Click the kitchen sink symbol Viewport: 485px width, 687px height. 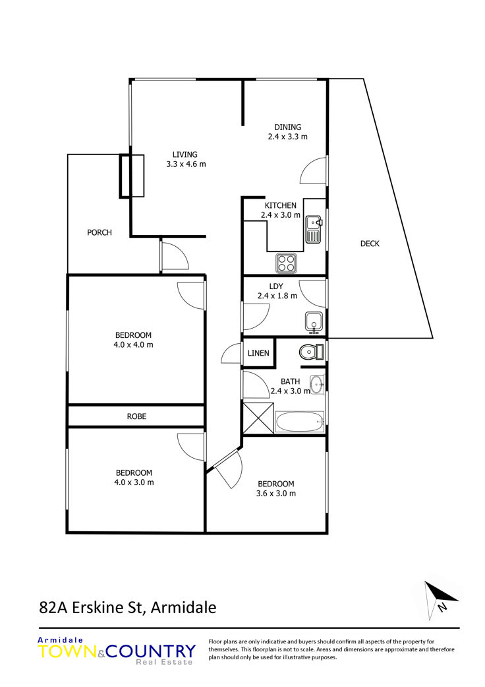[314, 229]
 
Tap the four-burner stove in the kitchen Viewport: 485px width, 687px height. [285, 263]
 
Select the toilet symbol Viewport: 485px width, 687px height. [312, 352]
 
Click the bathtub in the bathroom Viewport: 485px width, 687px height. [300, 422]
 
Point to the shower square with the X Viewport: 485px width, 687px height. [258, 418]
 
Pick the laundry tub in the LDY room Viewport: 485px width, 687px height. [314, 322]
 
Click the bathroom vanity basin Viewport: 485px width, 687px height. [317, 385]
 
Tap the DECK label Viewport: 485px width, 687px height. [370, 244]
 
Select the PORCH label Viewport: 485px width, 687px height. [100, 233]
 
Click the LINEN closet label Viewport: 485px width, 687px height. [258, 353]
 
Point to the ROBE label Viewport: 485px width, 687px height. [136, 416]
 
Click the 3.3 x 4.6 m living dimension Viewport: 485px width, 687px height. [186, 164]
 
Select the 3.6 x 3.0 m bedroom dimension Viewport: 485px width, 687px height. [276, 494]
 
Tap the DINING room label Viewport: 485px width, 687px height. [288, 127]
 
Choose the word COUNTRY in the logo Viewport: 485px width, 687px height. [151, 651]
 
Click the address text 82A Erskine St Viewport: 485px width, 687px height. [91, 608]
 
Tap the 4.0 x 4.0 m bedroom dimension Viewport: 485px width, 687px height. [133, 344]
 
